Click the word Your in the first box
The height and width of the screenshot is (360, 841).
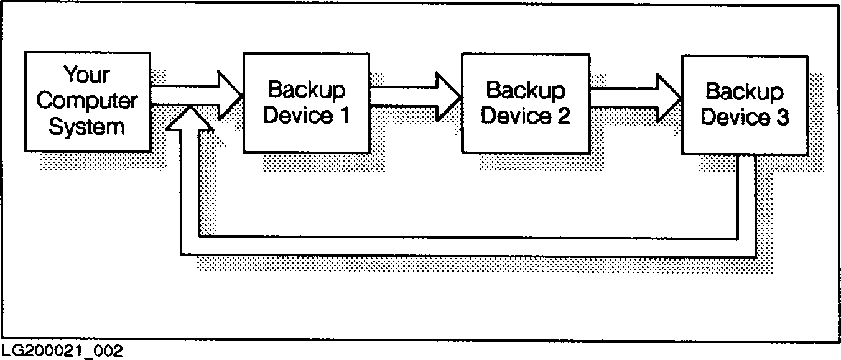coord(86,75)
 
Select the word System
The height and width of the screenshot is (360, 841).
coord(86,127)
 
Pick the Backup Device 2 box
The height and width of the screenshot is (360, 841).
coord(526,103)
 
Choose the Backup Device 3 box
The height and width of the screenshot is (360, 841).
coord(745,104)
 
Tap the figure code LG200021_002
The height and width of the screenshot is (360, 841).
coord(62,351)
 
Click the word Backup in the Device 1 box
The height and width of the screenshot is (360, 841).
coord(306,90)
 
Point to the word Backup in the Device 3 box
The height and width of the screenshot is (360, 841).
coord(745,92)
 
